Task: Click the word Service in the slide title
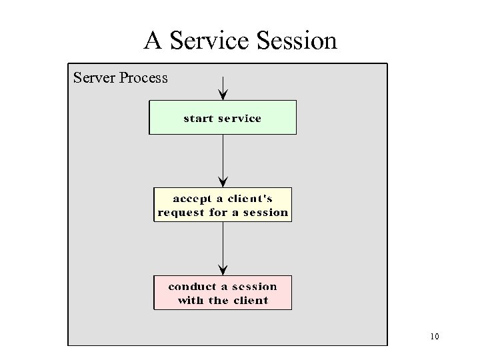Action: click(x=209, y=41)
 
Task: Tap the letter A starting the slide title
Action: click(x=153, y=41)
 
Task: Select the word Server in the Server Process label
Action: click(x=94, y=78)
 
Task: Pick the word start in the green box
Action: click(x=199, y=119)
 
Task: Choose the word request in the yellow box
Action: click(x=181, y=213)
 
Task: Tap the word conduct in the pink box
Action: click(x=192, y=287)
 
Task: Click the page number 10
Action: click(x=435, y=337)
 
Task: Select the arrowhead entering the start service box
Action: click(x=223, y=95)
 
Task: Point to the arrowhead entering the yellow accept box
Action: click(x=223, y=182)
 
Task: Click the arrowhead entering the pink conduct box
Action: click(x=223, y=270)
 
